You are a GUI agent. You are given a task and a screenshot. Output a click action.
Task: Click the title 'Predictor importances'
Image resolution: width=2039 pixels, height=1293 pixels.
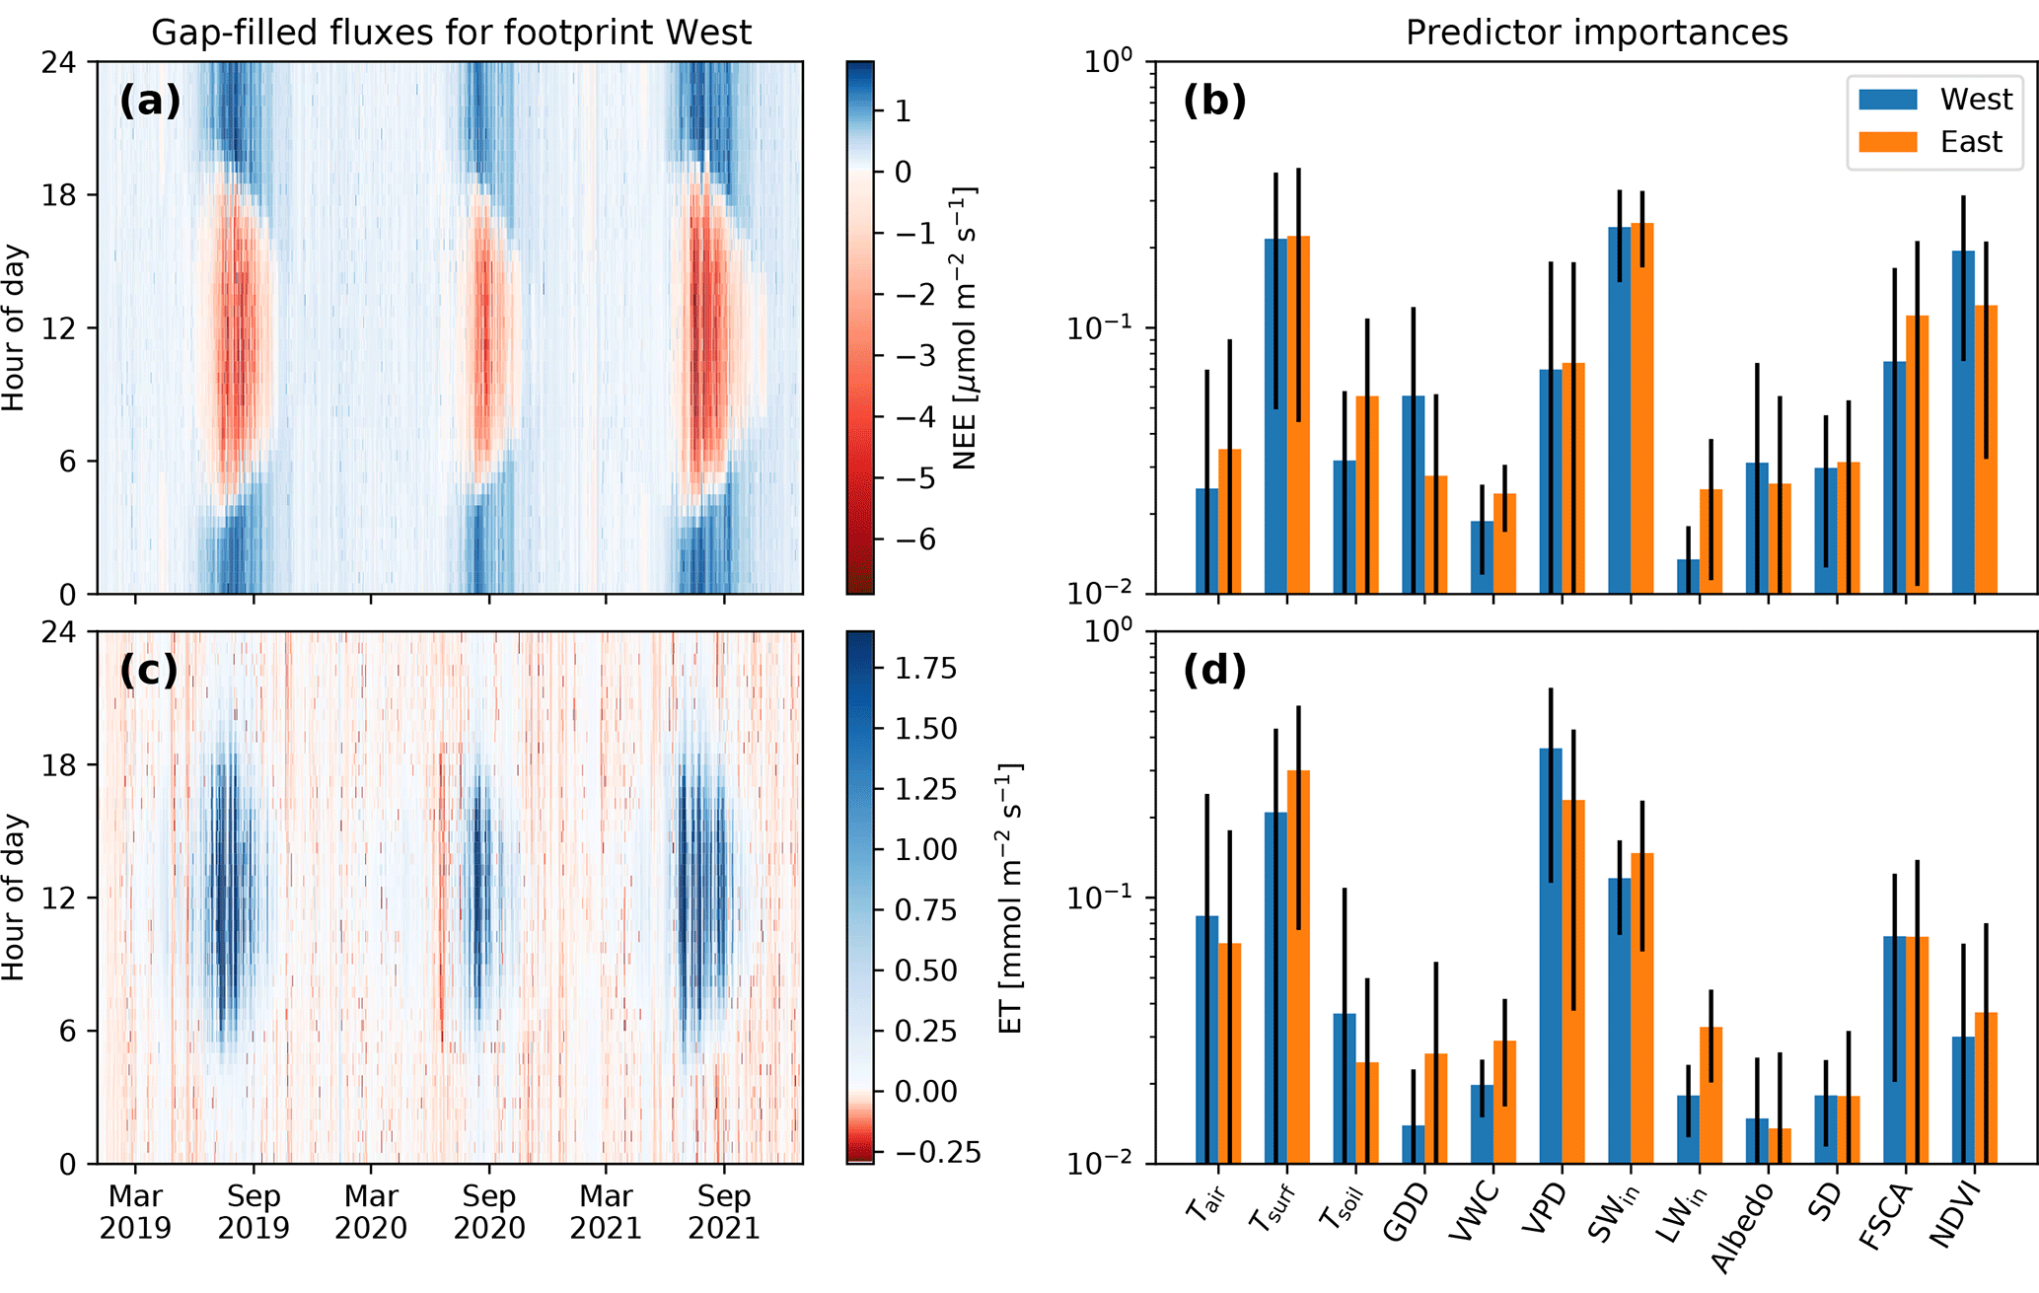(1596, 33)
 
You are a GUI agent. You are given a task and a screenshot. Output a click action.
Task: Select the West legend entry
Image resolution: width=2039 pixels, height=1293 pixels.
(1976, 100)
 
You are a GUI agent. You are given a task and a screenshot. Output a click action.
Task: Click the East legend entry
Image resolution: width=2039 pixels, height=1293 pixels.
(1971, 142)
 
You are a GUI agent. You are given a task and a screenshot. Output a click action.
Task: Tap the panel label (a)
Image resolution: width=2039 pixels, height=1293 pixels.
(150, 101)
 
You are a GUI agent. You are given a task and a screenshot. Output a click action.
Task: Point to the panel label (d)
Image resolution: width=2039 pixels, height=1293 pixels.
(1214, 671)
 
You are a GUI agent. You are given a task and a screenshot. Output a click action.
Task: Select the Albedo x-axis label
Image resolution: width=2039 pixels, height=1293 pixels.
(1741, 1227)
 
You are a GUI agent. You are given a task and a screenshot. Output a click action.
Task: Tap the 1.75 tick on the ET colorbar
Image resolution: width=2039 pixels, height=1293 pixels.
(925, 669)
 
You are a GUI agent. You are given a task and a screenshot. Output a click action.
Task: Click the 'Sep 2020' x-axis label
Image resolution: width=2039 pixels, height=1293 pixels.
(489, 1212)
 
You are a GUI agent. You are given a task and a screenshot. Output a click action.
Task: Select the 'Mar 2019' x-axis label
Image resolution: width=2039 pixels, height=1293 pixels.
(135, 1212)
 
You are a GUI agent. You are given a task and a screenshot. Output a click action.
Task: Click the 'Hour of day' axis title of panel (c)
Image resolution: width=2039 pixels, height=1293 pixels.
(14, 897)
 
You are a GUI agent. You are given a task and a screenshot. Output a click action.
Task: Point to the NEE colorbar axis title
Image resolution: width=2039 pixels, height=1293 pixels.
(965, 327)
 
